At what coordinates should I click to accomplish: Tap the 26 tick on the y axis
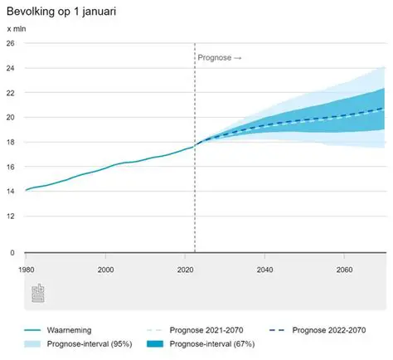(11, 44)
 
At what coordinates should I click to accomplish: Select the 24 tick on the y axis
(11, 68)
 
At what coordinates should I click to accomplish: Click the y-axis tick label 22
(11, 93)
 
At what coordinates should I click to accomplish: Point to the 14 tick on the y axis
(11, 192)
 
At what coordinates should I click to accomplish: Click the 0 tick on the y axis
(12, 253)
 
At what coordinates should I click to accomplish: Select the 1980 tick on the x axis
(26, 270)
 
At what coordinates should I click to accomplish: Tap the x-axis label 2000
(105, 270)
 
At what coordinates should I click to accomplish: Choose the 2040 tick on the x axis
(264, 270)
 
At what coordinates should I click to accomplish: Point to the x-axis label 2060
(344, 270)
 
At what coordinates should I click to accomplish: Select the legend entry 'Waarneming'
(71, 329)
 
